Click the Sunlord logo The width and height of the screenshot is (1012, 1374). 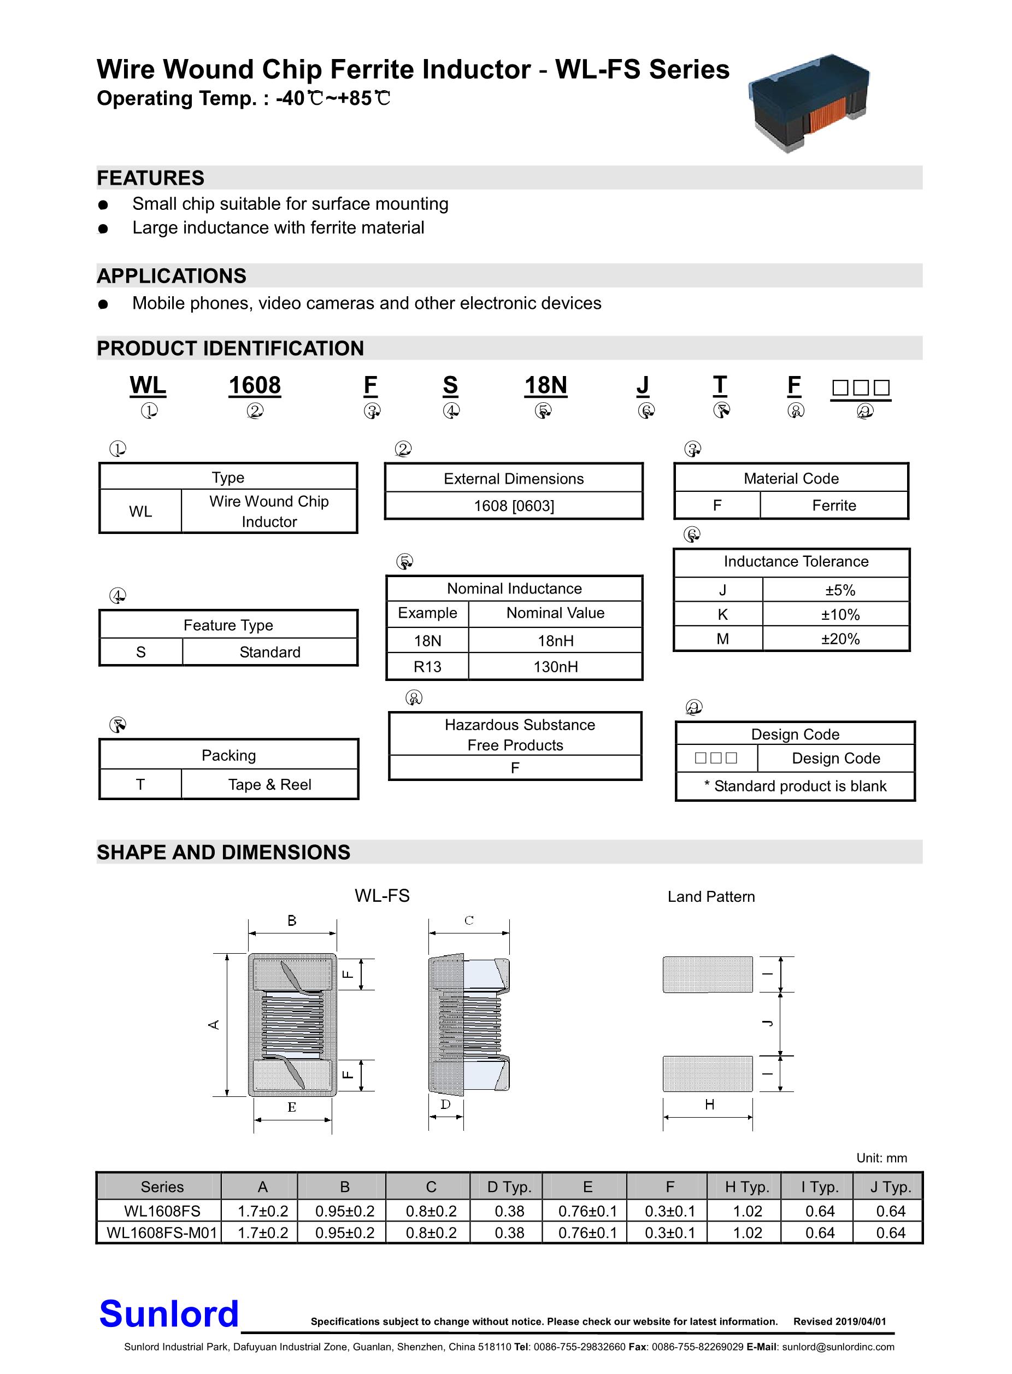pos(168,1313)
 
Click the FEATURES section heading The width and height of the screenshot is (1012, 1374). pos(151,178)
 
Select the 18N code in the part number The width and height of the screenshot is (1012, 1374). pos(545,386)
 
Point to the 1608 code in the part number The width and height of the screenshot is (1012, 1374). pos(254,386)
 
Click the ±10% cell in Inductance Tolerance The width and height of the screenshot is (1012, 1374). pos(840,614)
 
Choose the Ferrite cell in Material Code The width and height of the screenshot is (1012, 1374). pos(834,506)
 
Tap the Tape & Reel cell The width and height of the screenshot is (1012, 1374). pos(269,785)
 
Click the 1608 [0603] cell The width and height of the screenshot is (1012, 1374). pos(514,506)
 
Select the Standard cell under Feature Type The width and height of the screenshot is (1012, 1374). pos(269,652)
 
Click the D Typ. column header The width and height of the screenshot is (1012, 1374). pos(509,1187)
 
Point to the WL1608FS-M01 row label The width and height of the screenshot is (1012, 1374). pos(162,1232)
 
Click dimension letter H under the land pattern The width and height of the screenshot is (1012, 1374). pos(709,1105)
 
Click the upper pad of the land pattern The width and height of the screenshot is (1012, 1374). pos(708,974)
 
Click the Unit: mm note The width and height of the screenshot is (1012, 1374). pos(881,1158)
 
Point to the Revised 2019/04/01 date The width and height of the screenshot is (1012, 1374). pos(839,1322)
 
